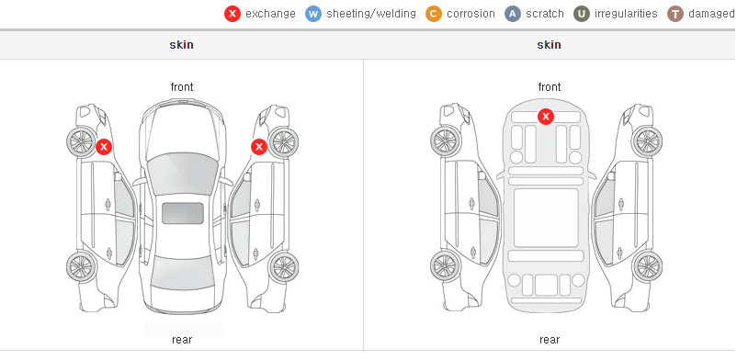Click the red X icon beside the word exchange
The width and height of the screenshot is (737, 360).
click(x=232, y=14)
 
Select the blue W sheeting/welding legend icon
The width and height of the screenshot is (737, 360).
click(x=313, y=14)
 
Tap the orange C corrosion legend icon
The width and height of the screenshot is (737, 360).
click(x=434, y=14)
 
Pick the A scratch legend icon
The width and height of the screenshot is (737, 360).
click(x=513, y=14)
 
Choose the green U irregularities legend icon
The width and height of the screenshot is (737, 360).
click(x=582, y=14)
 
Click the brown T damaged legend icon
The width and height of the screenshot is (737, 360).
click(x=675, y=14)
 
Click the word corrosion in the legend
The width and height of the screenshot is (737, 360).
click(x=471, y=14)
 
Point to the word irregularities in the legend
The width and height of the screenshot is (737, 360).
click(x=626, y=14)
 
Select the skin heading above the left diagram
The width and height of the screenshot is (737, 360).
click(x=181, y=45)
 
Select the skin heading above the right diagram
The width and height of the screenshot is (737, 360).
click(x=549, y=45)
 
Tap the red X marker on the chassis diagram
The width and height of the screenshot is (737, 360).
click(x=546, y=116)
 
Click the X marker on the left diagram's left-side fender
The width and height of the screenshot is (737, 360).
click(x=104, y=147)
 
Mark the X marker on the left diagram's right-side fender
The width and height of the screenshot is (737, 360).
click(x=259, y=147)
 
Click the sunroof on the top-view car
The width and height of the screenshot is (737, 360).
click(x=183, y=213)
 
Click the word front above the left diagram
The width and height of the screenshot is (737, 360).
click(x=182, y=87)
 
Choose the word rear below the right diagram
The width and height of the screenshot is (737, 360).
click(x=550, y=340)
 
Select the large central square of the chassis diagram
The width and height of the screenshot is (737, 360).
click(x=546, y=218)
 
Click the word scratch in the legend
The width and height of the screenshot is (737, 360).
click(x=545, y=14)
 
